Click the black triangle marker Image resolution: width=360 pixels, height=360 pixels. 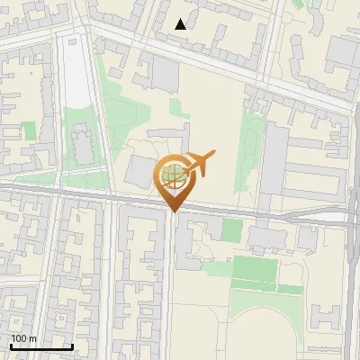tap(181, 24)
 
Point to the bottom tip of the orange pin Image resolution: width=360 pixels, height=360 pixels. tap(173, 211)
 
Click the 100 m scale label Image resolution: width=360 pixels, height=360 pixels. tap(23, 338)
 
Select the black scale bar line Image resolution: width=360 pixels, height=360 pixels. tap(41, 346)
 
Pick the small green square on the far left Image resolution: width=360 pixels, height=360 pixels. tap(30, 130)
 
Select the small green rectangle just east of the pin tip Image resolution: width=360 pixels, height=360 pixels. tap(231, 230)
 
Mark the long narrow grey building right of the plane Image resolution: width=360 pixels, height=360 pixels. tap(274, 162)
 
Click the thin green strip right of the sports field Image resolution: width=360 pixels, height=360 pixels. tap(291, 289)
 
